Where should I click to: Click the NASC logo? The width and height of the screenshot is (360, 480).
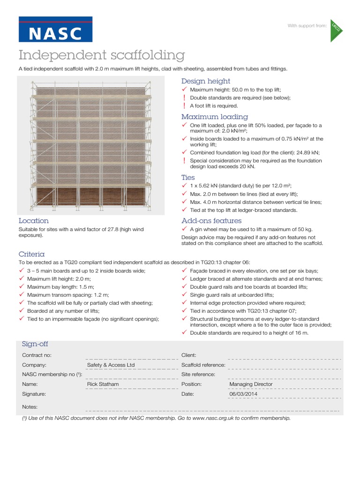[55, 29]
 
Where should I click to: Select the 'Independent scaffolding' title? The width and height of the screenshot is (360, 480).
[101, 55]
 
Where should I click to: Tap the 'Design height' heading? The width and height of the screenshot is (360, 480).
[205, 81]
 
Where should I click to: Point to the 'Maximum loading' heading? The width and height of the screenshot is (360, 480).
[215, 117]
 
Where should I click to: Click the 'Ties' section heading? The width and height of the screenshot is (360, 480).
[188, 178]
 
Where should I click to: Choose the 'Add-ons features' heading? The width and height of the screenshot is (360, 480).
[211, 220]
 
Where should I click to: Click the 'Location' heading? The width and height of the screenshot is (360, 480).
[33, 220]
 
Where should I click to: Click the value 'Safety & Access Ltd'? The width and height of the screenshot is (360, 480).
[111, 365]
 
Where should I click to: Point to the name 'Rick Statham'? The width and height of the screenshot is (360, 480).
[103, 384]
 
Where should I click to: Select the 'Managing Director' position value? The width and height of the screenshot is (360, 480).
[251, 384]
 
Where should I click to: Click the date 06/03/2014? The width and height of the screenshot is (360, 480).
[243, 394]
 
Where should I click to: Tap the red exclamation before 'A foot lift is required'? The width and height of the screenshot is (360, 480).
[184, 106]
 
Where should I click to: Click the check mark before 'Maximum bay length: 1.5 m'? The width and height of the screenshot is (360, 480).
[22, 286]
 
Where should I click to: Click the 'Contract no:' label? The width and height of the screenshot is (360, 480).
[37, 355]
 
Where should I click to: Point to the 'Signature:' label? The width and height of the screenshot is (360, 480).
[34, 394]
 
